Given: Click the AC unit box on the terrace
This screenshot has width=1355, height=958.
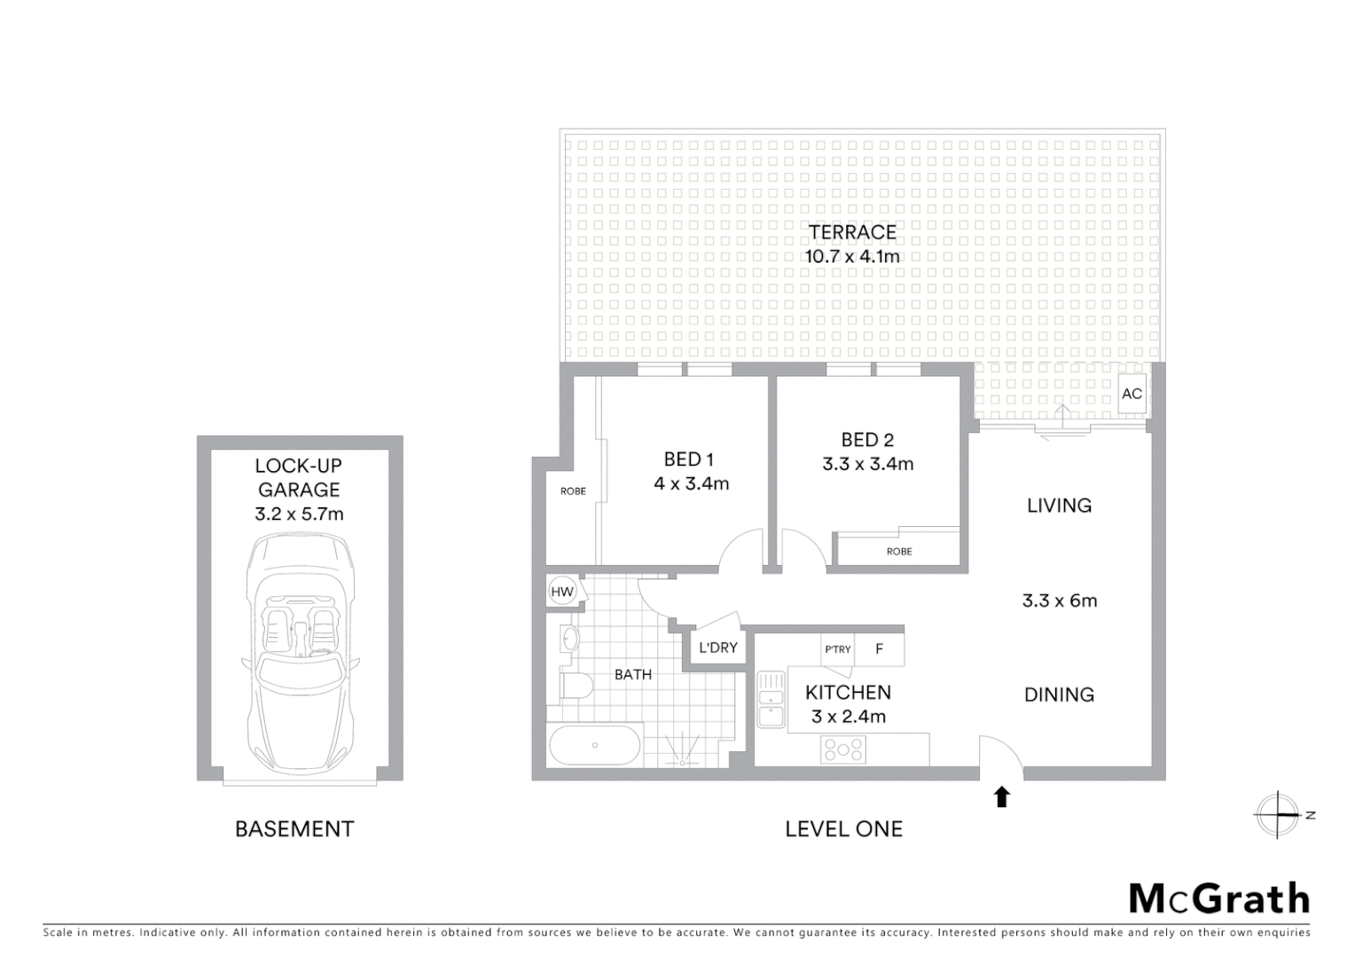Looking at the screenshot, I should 1132,393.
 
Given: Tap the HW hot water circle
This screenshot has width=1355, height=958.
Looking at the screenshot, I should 562,592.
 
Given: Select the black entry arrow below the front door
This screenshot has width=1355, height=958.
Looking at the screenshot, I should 1002,797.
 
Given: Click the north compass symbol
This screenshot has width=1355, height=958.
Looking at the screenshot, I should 1278,814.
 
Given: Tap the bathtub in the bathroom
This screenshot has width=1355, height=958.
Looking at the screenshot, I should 594,745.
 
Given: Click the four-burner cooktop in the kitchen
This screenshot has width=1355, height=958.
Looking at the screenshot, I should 843,750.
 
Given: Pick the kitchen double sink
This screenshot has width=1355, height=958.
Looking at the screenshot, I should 771,700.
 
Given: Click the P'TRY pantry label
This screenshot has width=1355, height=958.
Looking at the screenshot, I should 837,649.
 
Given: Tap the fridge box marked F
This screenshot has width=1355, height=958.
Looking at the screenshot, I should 880,649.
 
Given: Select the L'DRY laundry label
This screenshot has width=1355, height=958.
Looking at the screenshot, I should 717,648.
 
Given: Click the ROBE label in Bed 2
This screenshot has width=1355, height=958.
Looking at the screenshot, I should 898,552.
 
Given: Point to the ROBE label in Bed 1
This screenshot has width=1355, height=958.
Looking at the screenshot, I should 573,491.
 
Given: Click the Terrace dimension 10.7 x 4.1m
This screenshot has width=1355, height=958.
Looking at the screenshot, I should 851,256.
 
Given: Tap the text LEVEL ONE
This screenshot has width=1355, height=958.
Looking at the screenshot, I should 843,829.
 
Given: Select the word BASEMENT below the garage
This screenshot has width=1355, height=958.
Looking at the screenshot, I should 294,829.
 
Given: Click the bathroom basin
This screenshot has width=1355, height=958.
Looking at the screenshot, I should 569,637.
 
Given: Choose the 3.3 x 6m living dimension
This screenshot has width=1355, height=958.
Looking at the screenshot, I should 1059,601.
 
